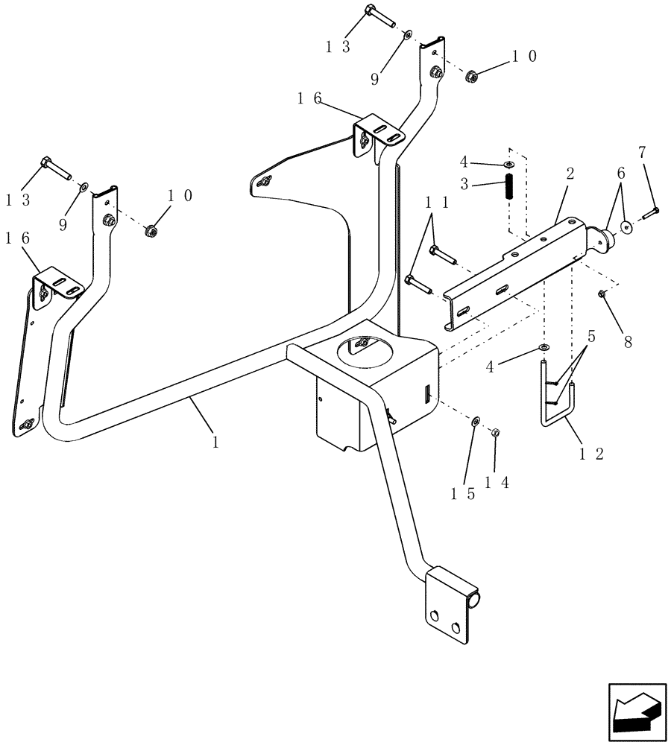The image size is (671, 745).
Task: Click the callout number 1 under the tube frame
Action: (x=215, y=442)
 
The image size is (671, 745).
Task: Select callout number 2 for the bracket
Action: (x=570, y=174)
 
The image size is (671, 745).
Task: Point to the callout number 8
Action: (x=627, y=342)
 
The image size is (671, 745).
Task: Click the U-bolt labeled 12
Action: (x=557, y=395)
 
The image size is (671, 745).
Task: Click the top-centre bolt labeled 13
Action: (x=379, y=17)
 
